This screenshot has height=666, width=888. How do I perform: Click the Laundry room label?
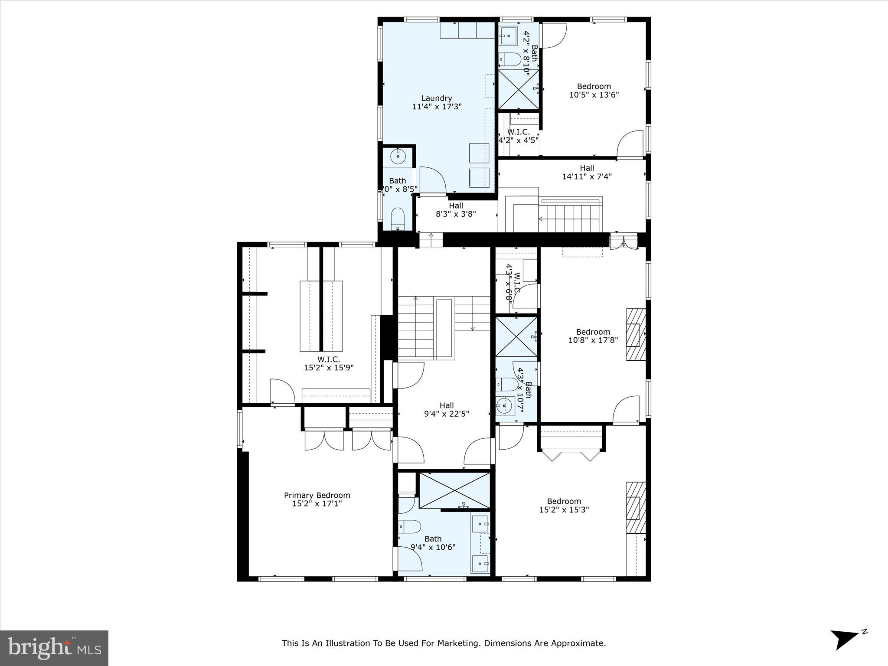click(x=437, y=98)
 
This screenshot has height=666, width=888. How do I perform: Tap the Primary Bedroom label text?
click(x=317, y=495)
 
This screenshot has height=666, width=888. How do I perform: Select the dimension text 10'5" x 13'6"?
click(x=594, y=95)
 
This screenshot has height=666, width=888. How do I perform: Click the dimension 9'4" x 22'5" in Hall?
click(x=446, y=414)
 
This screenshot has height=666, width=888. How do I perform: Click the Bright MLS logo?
click(x=54, y=648)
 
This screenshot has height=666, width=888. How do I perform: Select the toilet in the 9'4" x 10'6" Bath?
click(x=409, y=526)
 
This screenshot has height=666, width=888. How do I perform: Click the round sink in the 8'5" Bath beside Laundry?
click(x=398, y=156)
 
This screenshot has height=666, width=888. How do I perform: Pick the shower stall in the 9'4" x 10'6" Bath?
click(x=454, y=490)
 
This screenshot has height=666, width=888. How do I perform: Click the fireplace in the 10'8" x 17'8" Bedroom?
click(x=636, y=334)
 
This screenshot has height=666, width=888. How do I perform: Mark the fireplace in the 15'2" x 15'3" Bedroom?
click(x=636, y=507)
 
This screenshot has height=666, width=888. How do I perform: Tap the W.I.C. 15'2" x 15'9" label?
click(x=329, y=363)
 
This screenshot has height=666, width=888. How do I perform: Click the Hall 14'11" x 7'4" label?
click(x=587, y=172)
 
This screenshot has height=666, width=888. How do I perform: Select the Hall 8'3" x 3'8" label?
click(x=456, y=209)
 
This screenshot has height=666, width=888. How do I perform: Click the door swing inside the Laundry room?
click(x=432, y=180)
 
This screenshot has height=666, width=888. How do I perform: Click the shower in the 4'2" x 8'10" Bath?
click(x=518, y=89)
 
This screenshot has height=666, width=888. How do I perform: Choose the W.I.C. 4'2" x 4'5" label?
click(x=518, y=136)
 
